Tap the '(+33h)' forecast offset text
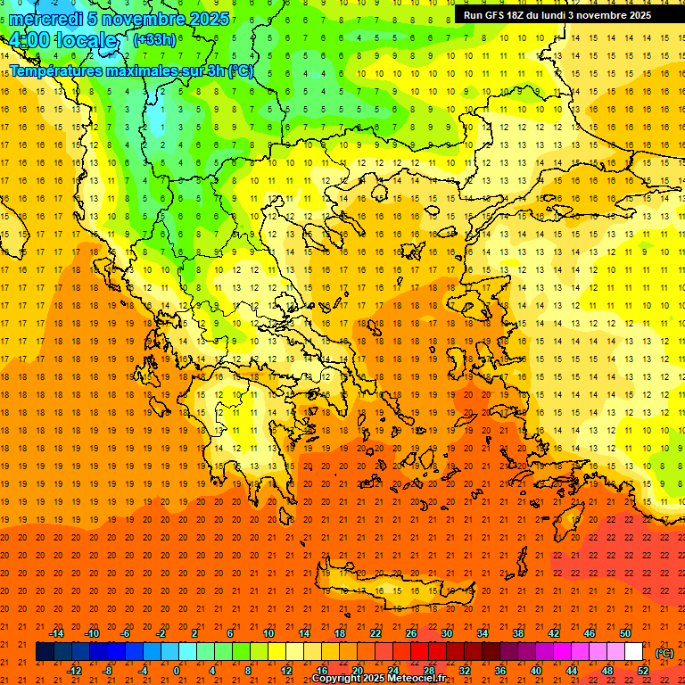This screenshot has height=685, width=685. click(154, 40)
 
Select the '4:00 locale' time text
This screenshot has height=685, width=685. click(62, 41)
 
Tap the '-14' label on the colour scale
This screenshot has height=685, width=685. click(56, 633)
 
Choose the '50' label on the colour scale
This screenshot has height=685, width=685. click(625, 633)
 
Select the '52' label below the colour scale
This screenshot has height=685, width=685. click(643, 671)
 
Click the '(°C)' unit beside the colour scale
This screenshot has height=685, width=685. click(664, 653)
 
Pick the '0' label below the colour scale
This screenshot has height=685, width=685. click(177, 671)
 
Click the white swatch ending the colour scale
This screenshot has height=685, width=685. click(633, 652)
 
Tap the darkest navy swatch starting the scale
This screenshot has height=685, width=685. click(45, 652)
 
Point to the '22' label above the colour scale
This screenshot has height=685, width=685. click(376, 633)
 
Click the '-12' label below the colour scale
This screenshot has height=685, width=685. click(74, 671)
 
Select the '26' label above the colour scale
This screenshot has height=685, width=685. click(411, 633)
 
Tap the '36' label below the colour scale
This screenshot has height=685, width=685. click(500, 671)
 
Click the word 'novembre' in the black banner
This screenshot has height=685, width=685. click(603, 15)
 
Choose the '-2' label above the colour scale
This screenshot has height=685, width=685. click(161, 633)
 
